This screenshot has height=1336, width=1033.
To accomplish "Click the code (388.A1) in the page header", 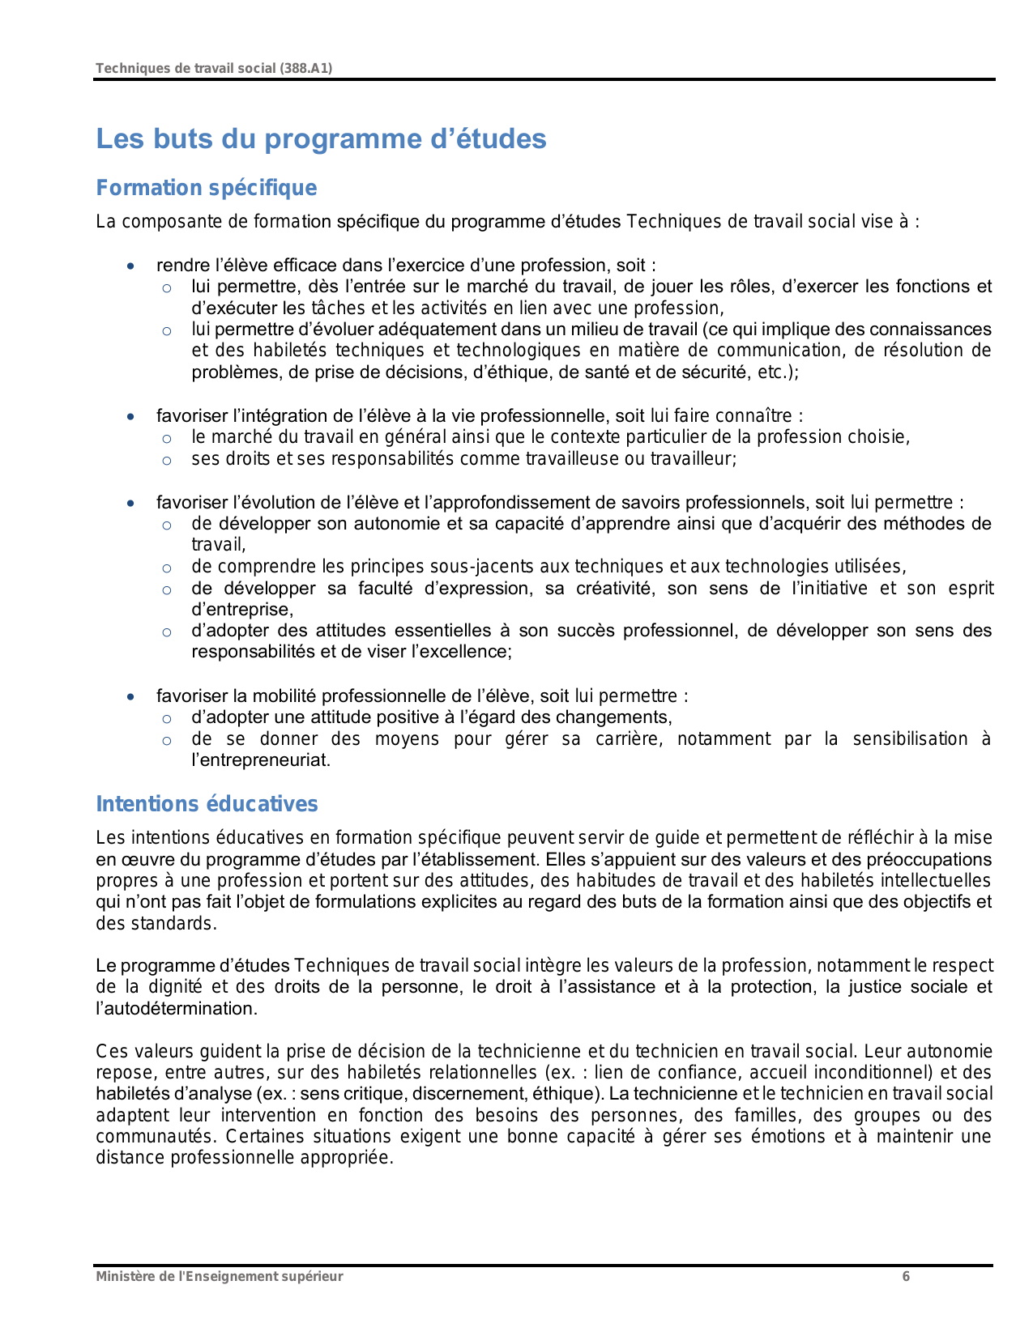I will tap(305, 69).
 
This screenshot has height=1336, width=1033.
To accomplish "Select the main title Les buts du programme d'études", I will tap(321, 138).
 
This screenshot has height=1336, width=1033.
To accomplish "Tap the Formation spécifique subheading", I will tap(207, 188).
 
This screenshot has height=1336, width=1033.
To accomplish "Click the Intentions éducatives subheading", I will tap(207, 804).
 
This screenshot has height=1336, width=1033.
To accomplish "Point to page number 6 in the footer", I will tap(906, 1277).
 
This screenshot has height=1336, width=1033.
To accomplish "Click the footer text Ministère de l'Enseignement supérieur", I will tap(219, 1277).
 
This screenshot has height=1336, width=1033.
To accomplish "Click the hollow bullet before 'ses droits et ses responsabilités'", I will tap(167, 461).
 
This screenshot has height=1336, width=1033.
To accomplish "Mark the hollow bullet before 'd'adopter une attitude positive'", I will tap(167, 719).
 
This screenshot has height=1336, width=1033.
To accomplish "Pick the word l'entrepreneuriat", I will tap(260, 760).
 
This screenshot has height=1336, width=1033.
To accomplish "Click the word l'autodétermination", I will tap(176, 1009).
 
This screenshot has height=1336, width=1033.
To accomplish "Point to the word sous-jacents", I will tap(475, 567).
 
